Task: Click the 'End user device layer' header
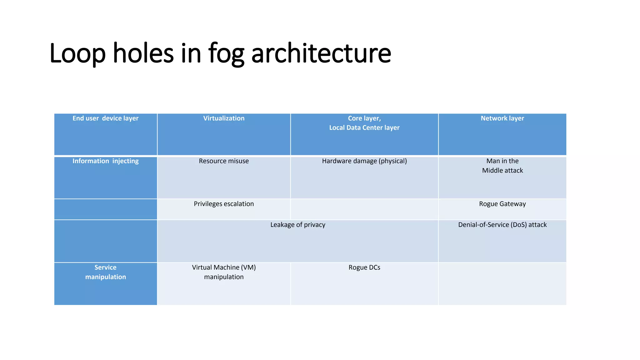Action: coord(105,118)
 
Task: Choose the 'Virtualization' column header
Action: coord(224,118)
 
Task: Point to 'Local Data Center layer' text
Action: coord(364,128)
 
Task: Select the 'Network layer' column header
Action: coord(502,118)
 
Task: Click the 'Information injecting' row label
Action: coord(105,161)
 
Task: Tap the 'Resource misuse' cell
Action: coord(224,161)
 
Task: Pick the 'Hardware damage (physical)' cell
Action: coord(364,161)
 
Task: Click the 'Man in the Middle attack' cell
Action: coord(502,166)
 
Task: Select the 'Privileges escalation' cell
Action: coord(224,204)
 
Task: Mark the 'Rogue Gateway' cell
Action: coord(502,204)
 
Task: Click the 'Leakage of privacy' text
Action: coord(297,225)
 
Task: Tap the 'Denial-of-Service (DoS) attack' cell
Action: coord(502,225)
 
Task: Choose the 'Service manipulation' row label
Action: coord(105,272)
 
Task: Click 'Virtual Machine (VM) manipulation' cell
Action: coord(224,272)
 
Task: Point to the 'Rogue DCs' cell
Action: coord(364,268)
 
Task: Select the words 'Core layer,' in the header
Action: coord(364,118)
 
